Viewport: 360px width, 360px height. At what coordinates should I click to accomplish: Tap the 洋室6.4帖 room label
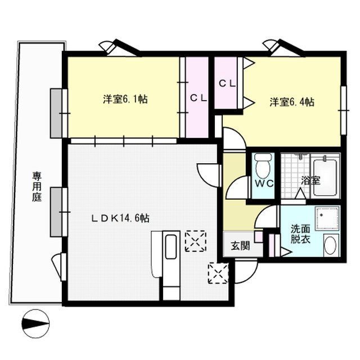click(291, 102)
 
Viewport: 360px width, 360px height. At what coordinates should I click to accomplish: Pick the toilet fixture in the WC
click(263, 165)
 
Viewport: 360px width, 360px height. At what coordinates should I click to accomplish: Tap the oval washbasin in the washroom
click(330, 246)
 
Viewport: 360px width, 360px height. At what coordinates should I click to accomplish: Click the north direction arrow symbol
click(35, 325)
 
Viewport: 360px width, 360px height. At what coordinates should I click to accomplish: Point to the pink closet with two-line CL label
click(227, 83)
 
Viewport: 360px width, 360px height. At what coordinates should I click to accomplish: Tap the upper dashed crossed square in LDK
click(196, 240)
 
